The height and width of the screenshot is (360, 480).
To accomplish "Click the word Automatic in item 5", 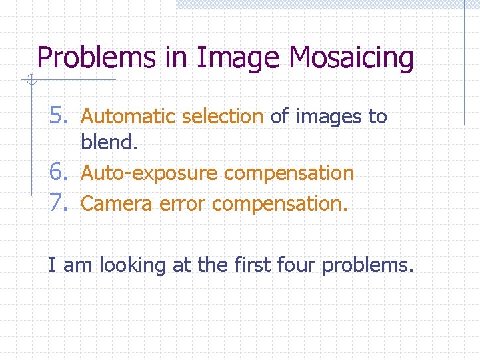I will [128, 117].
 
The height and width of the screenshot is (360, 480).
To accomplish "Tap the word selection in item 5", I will [222, 117].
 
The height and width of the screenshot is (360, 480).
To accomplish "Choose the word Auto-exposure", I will [149, 173].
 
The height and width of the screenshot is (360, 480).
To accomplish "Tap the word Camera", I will [117, 203].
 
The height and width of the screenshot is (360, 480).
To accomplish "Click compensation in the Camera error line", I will [279, 203].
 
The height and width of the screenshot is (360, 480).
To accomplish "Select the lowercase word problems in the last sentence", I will [368, 266].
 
